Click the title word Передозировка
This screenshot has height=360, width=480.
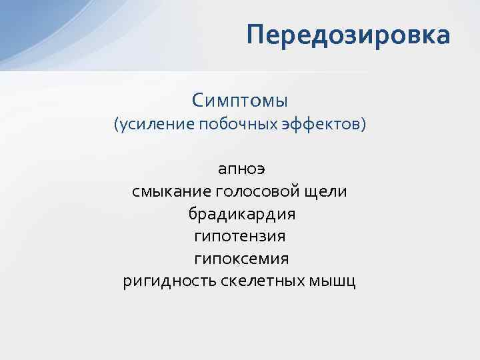click(x=347, y=35)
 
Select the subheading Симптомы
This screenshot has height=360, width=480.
click(x=240, y=101)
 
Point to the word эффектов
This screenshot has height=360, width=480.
click(x=323, y=125)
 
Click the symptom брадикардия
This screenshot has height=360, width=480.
click(x=240, y=214)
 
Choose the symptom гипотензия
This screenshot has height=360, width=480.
click(x=240, y=236)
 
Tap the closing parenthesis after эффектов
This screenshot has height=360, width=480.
click(x=364, y=125)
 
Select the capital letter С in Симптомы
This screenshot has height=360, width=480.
click(x=197, y=101)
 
